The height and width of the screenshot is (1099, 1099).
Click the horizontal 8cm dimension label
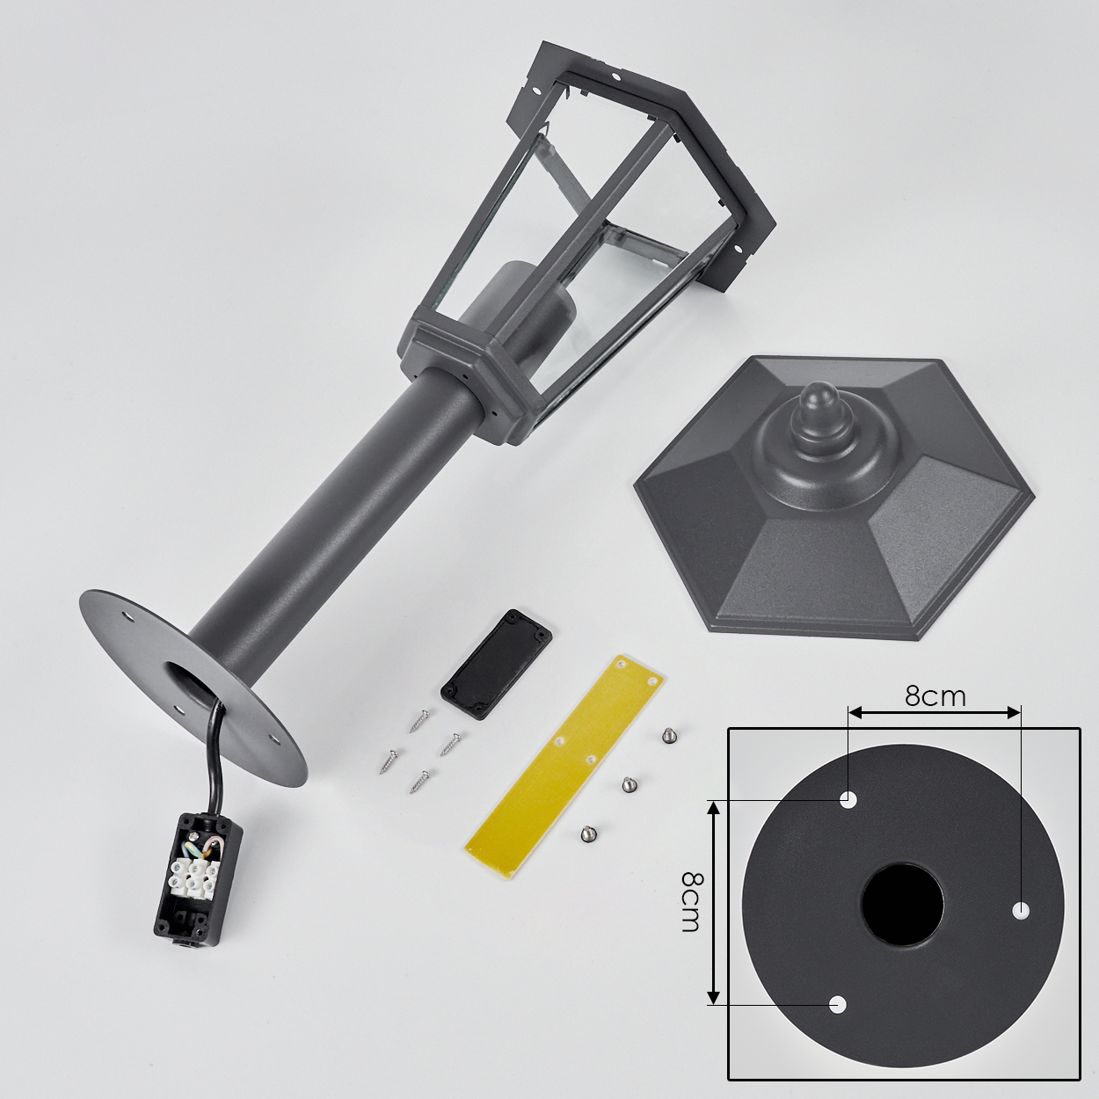(x=935, y=696)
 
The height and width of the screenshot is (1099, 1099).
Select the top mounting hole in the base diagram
(x=848, y=799)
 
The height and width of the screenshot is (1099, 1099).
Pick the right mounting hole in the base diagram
(x=1021, y=910)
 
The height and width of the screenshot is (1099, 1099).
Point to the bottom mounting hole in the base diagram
(x=837, y=1020)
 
